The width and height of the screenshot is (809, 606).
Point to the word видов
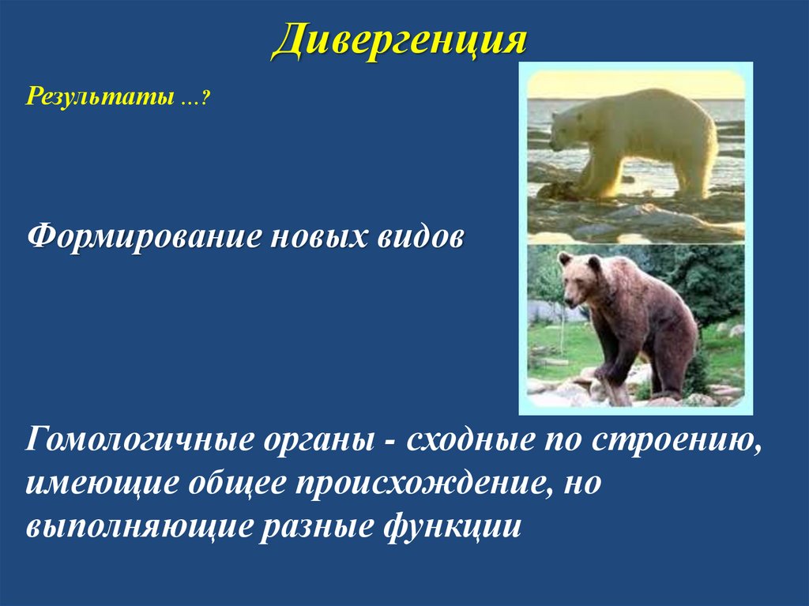(420, 237)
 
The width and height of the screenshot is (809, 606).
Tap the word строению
(683, 440)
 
